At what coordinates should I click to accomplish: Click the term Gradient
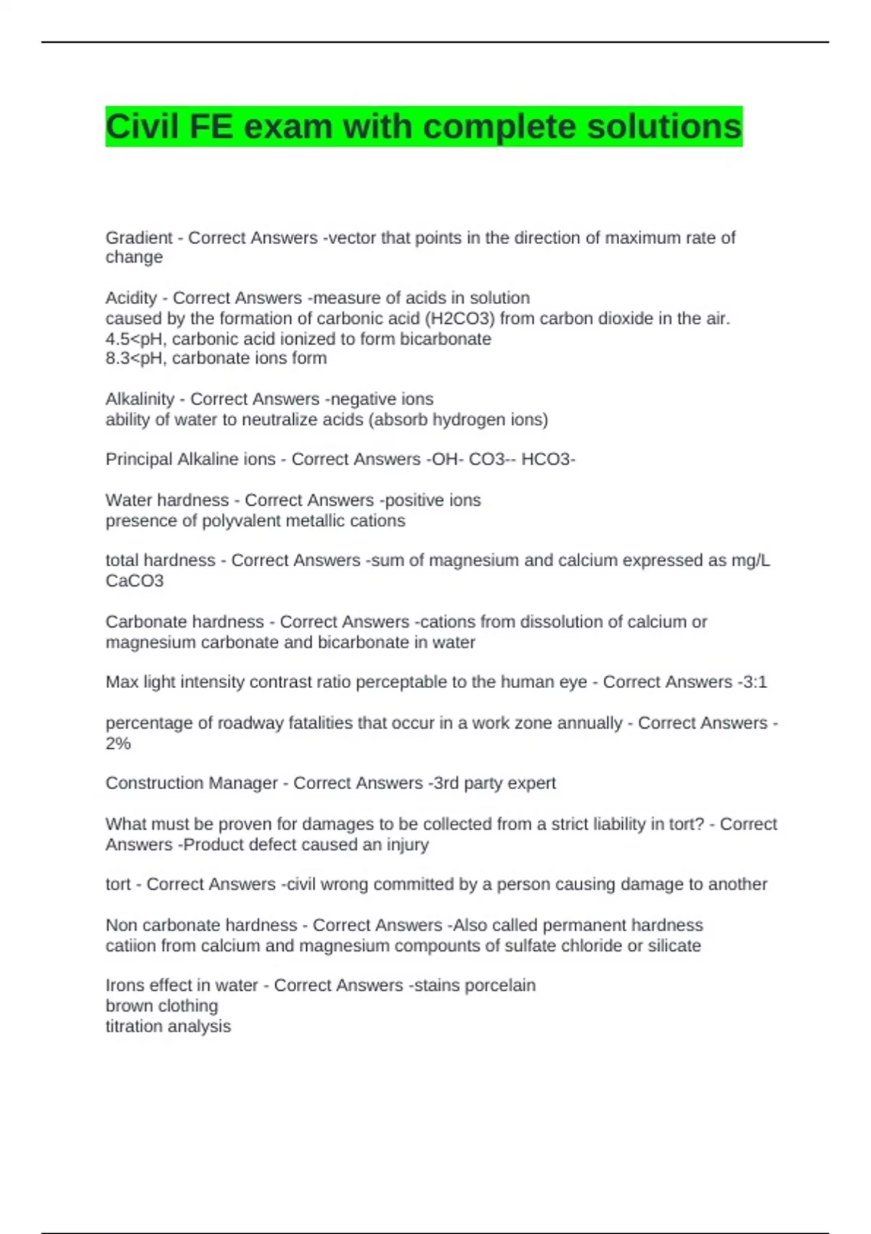point(139,238)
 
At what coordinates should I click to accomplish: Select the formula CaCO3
point(134,581)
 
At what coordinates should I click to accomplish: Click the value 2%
point(118,743)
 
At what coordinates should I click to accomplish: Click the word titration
point(134,1026)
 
